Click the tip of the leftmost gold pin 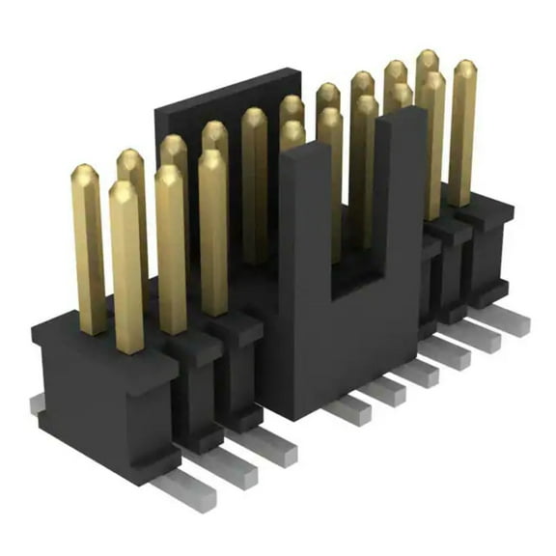(x=85, y=172)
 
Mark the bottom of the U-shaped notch (x=357, y=280)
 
